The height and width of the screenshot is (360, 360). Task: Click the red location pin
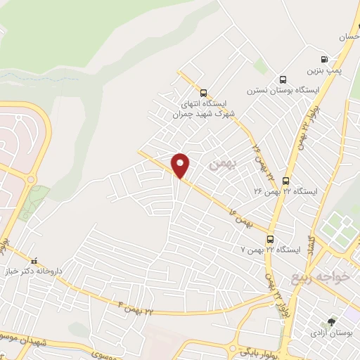tap(181, 165)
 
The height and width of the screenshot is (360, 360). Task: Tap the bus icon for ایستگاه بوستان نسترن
tap(283, 79)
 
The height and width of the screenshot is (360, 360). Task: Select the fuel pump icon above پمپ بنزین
tap(324, 60)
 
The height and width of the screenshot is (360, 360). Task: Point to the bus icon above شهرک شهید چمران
tap(203, 92)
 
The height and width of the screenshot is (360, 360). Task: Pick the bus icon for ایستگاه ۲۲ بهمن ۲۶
tap(285, 181)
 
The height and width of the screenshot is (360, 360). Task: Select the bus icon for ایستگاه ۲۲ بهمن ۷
tap(271, 239)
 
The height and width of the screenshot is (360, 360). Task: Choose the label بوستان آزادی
tap(331, 333)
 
